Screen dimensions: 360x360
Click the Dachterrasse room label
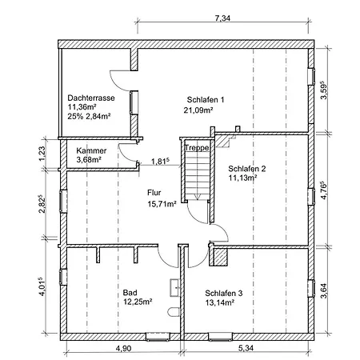coord(91,98)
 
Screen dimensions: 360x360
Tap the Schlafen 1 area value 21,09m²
coord(198,110)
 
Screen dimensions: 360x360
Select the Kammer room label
coord(91,150)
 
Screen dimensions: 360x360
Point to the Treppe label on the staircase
coord(197,148)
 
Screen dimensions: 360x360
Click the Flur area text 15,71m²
coord(162,204)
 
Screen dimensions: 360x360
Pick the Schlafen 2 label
coord(247,169)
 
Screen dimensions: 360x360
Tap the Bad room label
coord(130,293)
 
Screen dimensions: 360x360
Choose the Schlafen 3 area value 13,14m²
coord(220,302)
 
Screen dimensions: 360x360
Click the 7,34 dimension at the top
coord(222,18)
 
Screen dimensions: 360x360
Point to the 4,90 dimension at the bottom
coord(124,348)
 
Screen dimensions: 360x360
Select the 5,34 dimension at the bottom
coord(246,348)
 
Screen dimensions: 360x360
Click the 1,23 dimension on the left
coord(42,154)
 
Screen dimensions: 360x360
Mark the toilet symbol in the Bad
coord(174,312)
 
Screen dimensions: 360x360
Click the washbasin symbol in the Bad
coord(175,288)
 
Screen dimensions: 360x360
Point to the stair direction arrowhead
coord(197,198)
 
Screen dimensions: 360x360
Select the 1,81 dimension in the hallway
coord(161,161)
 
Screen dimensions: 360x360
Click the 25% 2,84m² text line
coord(89,117)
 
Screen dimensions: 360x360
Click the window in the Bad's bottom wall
coord(158,337)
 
